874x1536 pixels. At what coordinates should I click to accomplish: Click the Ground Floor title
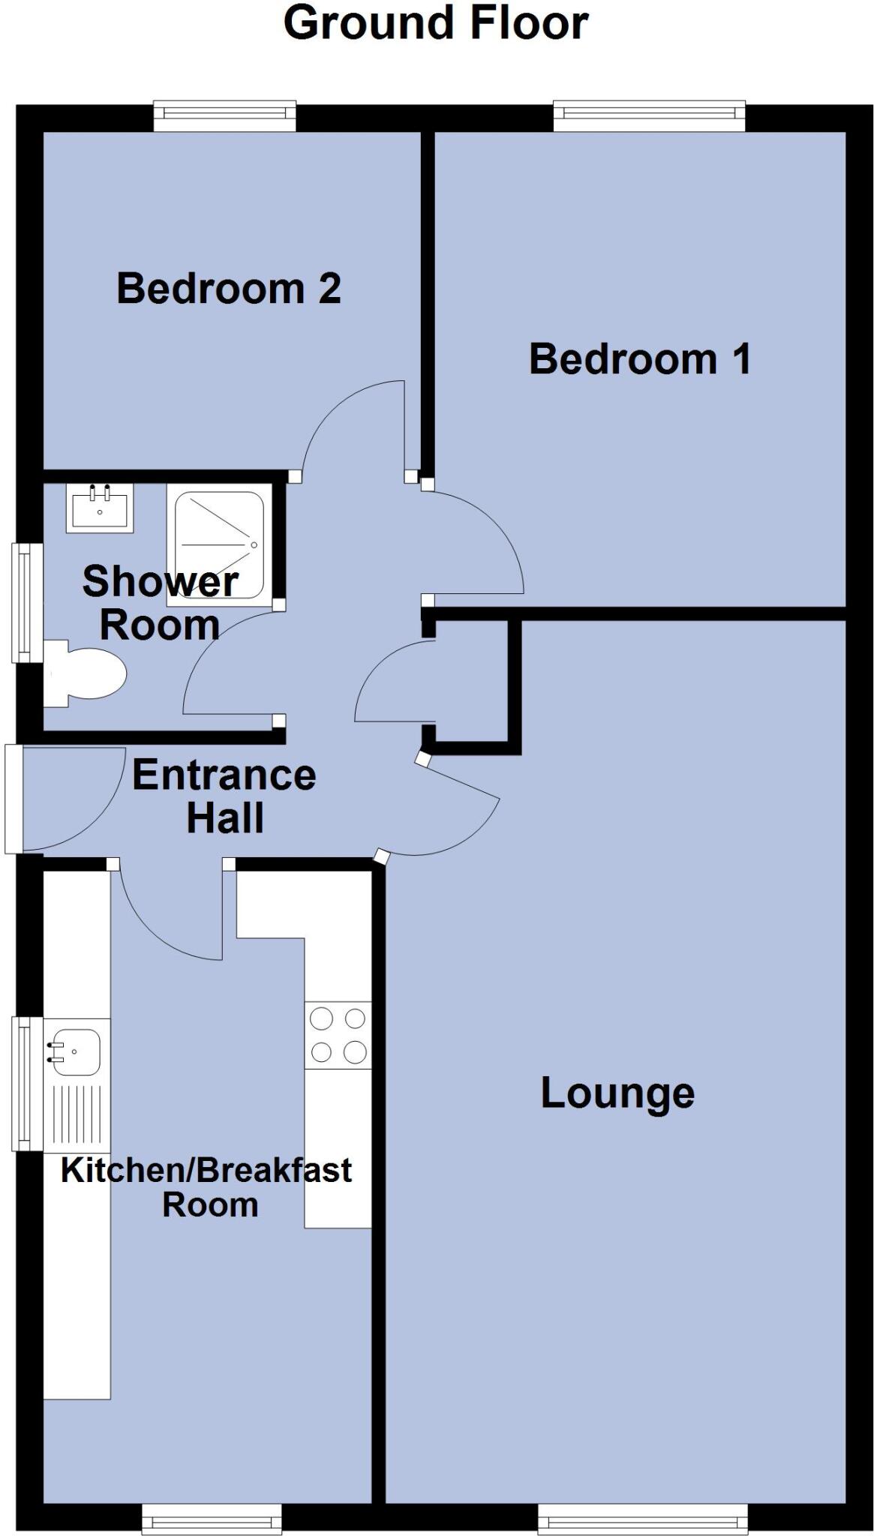436,23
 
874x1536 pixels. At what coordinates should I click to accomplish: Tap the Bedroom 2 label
229,289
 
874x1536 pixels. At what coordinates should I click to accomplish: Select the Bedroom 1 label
640,358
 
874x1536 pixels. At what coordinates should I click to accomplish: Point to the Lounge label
617,1093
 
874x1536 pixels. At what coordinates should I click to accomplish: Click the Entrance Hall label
224,796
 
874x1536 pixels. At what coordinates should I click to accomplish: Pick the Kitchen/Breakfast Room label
206,1186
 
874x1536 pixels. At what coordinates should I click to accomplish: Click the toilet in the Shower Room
85,673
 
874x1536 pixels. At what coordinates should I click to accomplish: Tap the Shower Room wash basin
100,508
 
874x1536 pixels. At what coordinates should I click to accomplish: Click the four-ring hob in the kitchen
338,1035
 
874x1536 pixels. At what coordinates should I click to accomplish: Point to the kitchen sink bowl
76,1051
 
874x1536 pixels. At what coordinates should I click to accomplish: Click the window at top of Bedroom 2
225,115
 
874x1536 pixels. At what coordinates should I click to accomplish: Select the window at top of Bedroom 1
650,114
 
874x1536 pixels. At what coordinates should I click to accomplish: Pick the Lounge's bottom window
643,1521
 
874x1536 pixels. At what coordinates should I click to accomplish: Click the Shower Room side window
26,602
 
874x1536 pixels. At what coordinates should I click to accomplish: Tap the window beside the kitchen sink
26,1083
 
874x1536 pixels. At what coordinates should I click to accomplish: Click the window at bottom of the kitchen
212,1521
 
